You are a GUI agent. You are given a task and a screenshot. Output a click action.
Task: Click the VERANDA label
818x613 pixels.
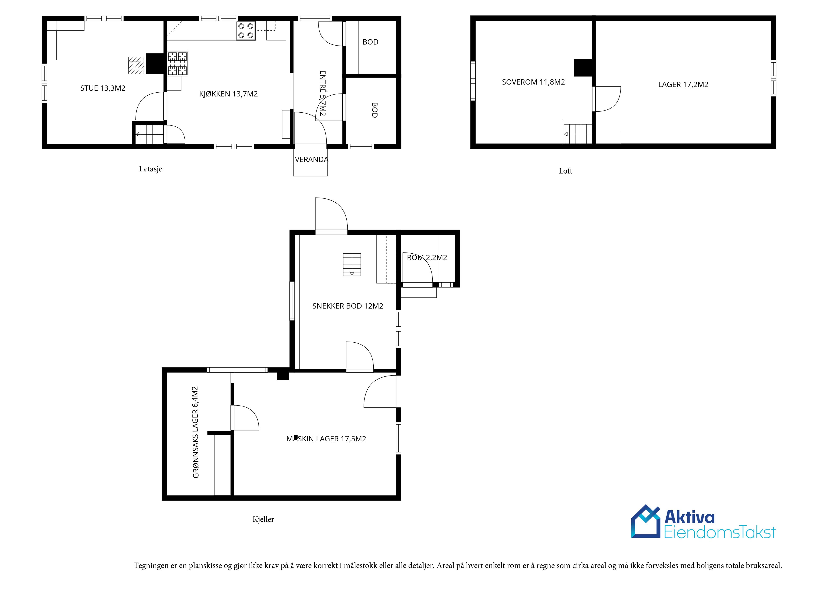[311, 159]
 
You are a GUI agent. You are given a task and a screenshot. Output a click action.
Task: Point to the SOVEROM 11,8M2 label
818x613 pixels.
[533, 82]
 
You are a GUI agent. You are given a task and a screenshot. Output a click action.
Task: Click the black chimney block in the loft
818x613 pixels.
[583, 68]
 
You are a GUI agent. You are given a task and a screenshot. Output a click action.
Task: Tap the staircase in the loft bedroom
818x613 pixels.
[578, 132]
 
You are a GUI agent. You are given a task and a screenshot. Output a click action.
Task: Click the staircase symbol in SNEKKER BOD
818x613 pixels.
[352, 264]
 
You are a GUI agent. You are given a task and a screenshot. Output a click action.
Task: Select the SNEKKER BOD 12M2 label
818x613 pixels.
[348, 306]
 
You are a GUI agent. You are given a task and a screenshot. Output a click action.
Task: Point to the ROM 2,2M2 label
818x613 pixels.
[427, 258]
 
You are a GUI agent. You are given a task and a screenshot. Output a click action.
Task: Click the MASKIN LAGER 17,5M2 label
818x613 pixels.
[326, 439]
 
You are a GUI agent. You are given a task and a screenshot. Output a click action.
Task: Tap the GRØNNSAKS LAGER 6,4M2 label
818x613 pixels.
[196, 432]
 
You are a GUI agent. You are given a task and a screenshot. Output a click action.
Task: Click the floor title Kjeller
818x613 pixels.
[263, 520]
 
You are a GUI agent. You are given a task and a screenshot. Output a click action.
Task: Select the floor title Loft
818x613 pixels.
[565, 171]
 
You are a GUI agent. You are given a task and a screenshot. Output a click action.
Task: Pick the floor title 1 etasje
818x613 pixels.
[150, 169]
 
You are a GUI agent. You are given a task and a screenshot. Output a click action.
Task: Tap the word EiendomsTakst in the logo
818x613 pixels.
[720, 532]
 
